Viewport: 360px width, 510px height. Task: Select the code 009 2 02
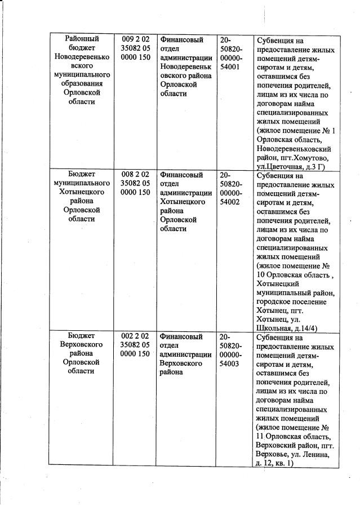point(135,39)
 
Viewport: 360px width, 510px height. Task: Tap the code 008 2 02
point(135,174)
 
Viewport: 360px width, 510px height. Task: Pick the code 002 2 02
point(135,336)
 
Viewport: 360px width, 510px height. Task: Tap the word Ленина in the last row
point(317,454)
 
